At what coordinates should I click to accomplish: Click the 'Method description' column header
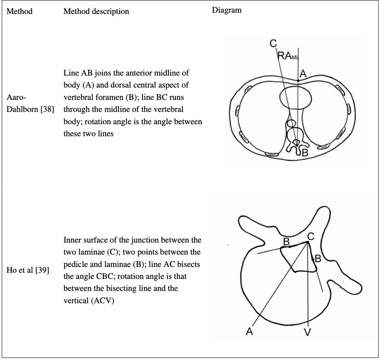[96, 11]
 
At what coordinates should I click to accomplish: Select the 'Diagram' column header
[227, 10]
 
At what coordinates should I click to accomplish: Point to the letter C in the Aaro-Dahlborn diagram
[273, 44]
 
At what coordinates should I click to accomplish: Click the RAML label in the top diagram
[288, 56]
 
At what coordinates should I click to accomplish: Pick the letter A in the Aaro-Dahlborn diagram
[303, 74]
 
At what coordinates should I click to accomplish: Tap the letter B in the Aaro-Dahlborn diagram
[304, 152]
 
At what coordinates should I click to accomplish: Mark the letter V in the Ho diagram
[308, 332]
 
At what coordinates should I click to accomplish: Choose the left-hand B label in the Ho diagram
[285, 241]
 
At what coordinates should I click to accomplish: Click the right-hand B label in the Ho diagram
[318, 258]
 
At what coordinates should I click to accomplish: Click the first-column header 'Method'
[19, 11]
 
